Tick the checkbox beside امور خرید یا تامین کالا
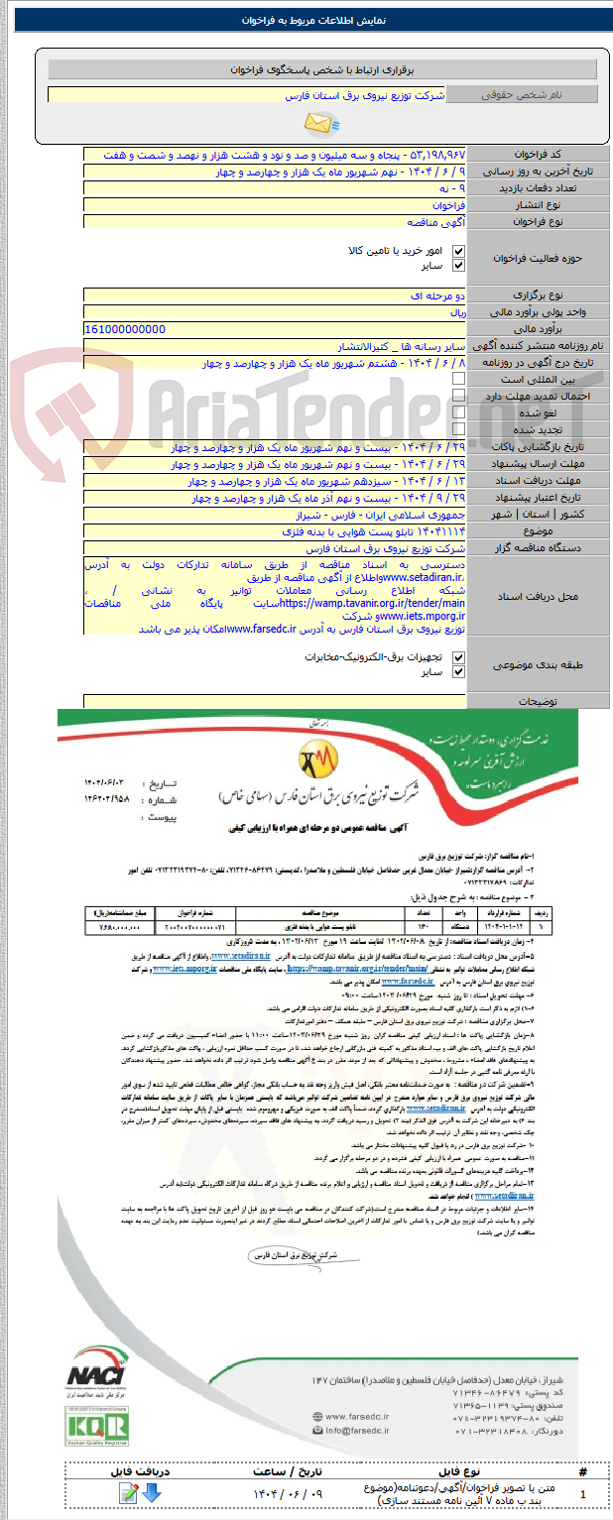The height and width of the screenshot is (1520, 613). coord(458,251)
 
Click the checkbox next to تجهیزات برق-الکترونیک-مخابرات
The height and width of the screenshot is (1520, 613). coord(458,656)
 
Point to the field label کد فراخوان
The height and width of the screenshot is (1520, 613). coord(536,155)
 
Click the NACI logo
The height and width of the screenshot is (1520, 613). coord(96,1376)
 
